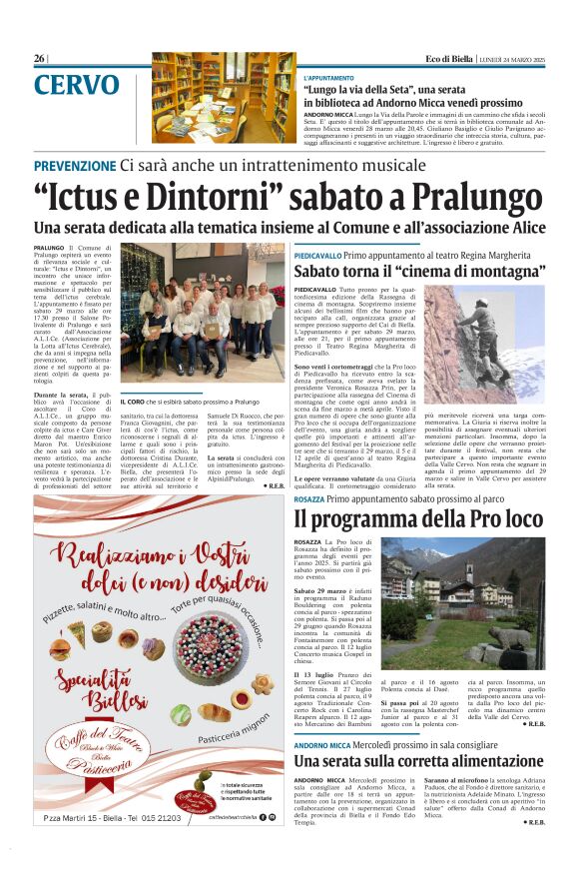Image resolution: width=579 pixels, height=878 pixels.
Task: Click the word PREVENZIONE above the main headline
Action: pyautogui.click(x=74, y=165)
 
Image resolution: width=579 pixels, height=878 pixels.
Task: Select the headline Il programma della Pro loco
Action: pyautogui.click(x=417, y=519)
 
